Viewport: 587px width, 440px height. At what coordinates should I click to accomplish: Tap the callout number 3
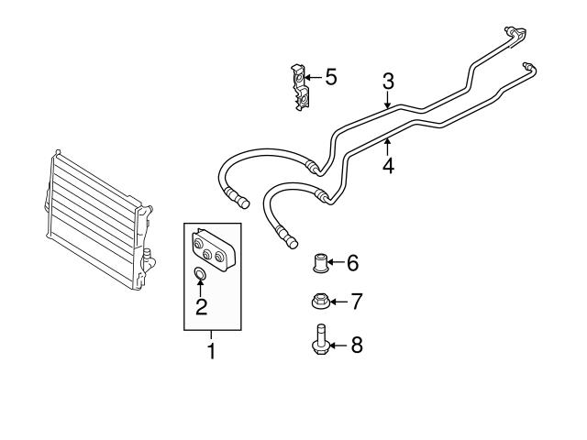coord(388,81)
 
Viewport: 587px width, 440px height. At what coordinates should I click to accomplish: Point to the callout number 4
coord(388,166)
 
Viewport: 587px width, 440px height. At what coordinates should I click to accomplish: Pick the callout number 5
coord(330,76)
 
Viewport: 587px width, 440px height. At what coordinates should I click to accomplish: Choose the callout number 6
coord(352,264)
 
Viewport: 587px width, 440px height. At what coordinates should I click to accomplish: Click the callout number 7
coord(357,301)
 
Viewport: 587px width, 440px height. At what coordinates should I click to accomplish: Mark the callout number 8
coord(357,345)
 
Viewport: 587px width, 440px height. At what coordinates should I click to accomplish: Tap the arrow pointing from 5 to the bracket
coord(313,77)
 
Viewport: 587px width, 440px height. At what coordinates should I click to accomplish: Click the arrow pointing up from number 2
coord(201,290)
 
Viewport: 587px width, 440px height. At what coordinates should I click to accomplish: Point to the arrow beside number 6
coord(336,264)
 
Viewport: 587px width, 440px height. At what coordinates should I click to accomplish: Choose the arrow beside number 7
coord(338,301)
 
